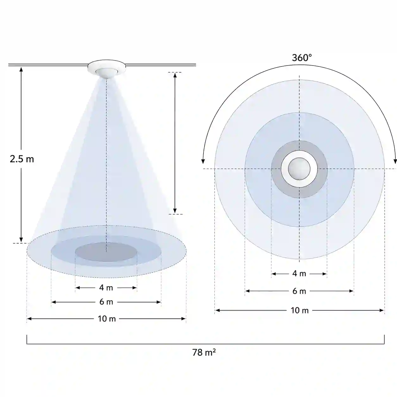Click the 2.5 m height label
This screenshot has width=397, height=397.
(x=22, y=159)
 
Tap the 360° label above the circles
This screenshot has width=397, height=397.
(x=302, y=58)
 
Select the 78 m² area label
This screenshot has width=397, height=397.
(x=204, y=352)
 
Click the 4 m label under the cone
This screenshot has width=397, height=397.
(x=106, y=287)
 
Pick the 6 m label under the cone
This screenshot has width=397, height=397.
(x=106, y=302)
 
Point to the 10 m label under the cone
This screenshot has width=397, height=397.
(x=107, y=319)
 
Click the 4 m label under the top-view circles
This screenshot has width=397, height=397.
(x=299, y=274)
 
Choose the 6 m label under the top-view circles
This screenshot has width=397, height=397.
(x=299, y=291)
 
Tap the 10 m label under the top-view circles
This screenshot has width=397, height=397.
(x=299, y=311)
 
